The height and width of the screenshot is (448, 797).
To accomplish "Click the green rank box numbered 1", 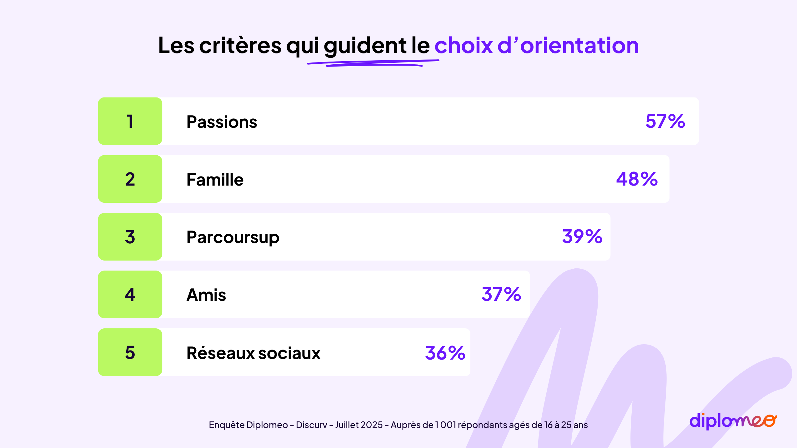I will [x=130, y=121].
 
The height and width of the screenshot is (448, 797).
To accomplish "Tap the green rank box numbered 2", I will [x=130, y=179].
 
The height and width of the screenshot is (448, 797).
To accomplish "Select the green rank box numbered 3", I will [x=130, y=237].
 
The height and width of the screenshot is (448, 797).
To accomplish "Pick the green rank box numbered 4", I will [x=130, y=295].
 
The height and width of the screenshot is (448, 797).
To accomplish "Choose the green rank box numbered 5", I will [x=130, y=352].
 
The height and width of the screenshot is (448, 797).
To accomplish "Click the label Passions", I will [x=222, y=122].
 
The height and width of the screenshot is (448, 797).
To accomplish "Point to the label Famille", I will [x=215, y=180].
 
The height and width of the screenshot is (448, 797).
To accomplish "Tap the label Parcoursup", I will [x=233, y=237].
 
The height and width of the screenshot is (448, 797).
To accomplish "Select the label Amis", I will [x=206, y=295].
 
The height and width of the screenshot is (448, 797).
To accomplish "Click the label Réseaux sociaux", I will [x=253, y=353].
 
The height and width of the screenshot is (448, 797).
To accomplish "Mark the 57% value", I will [x=665, y=121].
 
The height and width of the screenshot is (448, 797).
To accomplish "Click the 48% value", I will [x=637, y=179].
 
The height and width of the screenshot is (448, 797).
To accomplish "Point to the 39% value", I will [x=582, y=236].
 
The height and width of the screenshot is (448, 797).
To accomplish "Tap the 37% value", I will [x=501, y=294].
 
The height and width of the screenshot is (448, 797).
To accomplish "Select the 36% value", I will [x=445, y=353].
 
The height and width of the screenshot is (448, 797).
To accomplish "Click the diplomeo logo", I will [x=733, y=421].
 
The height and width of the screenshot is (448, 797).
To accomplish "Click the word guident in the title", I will [x=365, y=46].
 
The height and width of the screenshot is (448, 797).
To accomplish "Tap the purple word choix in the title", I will [x=464, y=46].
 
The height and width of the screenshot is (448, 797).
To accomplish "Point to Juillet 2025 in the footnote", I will [x=359, y=425].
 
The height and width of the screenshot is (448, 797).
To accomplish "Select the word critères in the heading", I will [x=240, y=46].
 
